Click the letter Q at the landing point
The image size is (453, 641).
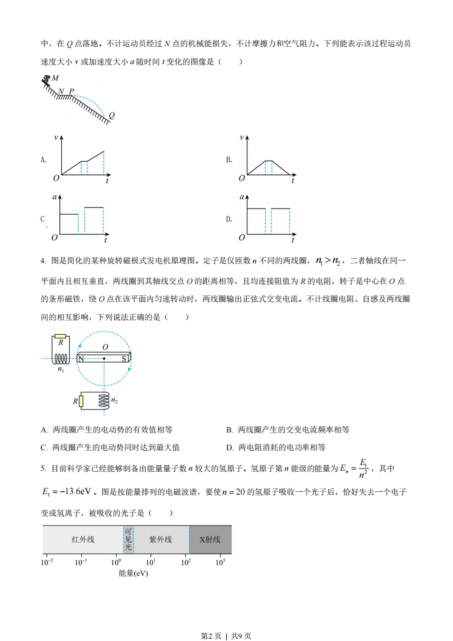[111, 115]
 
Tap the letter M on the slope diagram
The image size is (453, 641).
[55, 78]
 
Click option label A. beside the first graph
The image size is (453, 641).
[43, 160]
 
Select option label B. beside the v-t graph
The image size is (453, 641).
[229, 160]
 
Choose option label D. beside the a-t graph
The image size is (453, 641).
[229, 219]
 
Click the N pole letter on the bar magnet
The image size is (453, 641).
[81, 358]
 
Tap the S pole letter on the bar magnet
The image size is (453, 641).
[125, 358]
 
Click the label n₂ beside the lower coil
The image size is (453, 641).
[114, 400]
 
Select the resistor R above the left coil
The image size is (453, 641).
[61, 336]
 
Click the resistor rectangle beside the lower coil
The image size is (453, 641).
[81, 402]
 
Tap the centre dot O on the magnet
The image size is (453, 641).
[104, 358]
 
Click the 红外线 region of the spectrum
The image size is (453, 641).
[83, 539]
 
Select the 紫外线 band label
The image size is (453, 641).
[161, 539]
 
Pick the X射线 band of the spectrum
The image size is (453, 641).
[210, 539]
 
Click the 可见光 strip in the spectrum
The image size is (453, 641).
[129, 539]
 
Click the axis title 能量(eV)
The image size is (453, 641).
[133, 573]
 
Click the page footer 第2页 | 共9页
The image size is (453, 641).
[226, 620]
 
